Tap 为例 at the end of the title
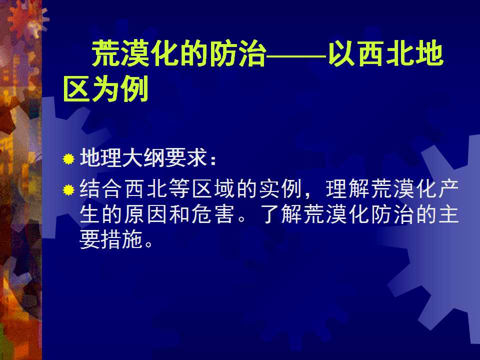pos(120,90)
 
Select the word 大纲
pos(144,158)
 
